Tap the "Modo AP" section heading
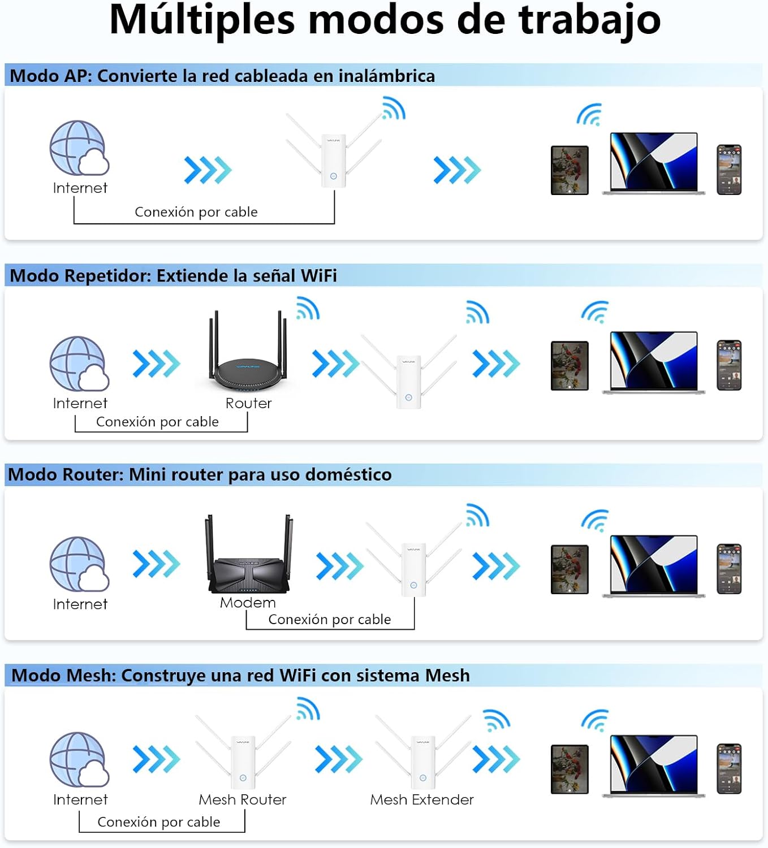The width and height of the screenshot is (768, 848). [x=222, y=76]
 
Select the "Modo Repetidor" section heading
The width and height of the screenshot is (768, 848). [x=173, y=276]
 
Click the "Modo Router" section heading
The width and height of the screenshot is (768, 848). [x=200, y=474]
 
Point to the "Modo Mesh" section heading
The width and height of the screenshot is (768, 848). [x=240, y=676]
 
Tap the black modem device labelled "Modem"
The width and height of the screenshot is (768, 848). [x=249, y=560]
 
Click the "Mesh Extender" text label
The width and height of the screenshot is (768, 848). [x=422, y=799]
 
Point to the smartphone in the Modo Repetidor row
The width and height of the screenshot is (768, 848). [x=729, y=365]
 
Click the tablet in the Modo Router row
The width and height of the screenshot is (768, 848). [x=569, y=569]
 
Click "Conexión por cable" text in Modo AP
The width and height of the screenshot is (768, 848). [x=196, y=212]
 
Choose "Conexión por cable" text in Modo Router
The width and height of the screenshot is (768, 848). [x=329, y=620]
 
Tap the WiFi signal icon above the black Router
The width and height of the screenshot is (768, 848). [x=308, y=308]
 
